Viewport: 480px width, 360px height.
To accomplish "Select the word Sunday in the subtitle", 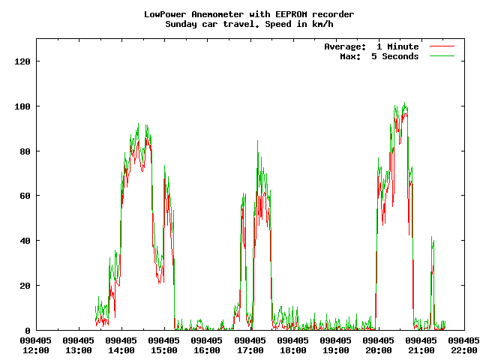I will pos(182,24).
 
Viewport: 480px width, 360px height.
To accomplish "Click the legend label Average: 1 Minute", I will pos(371,46).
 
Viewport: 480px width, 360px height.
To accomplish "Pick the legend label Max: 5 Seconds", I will pos(379,56).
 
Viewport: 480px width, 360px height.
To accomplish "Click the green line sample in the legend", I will pos(442,56).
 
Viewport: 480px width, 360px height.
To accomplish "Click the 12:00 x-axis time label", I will pos(36,350).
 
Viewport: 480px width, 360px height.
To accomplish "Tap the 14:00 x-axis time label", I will pos(121,350).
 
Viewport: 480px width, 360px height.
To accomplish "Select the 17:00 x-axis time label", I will pos(250,350).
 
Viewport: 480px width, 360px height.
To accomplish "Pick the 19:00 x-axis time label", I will pos(336,350).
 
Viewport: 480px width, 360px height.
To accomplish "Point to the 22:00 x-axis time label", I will pos(464,350).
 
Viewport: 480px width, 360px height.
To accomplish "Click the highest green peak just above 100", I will pos(404,103).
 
